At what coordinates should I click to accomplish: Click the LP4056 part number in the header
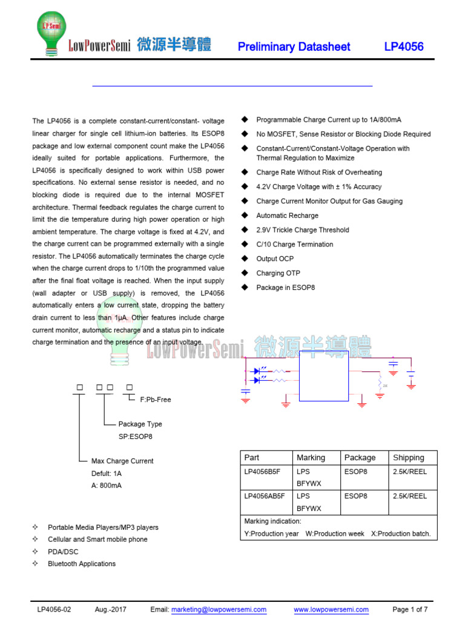coord(404,47)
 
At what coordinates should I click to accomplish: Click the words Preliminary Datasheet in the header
coord(294,47)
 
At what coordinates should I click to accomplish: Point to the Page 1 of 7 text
coord(410,609)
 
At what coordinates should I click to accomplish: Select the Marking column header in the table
coord(311,458)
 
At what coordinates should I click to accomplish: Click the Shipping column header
coord(409,458)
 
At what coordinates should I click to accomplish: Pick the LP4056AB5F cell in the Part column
coord(264,496)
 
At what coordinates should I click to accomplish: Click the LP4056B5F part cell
coord(262,471)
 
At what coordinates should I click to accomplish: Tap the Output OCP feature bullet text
coord(276,259)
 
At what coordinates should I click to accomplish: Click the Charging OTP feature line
coord(278,273)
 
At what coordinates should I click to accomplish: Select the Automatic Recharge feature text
coord(287,216)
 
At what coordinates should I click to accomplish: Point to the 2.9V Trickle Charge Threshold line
coord(302,230)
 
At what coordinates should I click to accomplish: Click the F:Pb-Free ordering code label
coord(156,400)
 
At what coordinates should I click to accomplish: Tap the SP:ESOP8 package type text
coord(136,436)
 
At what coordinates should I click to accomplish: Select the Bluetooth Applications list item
coord(82,564)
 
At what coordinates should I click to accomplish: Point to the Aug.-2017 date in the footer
coord(111,609)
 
